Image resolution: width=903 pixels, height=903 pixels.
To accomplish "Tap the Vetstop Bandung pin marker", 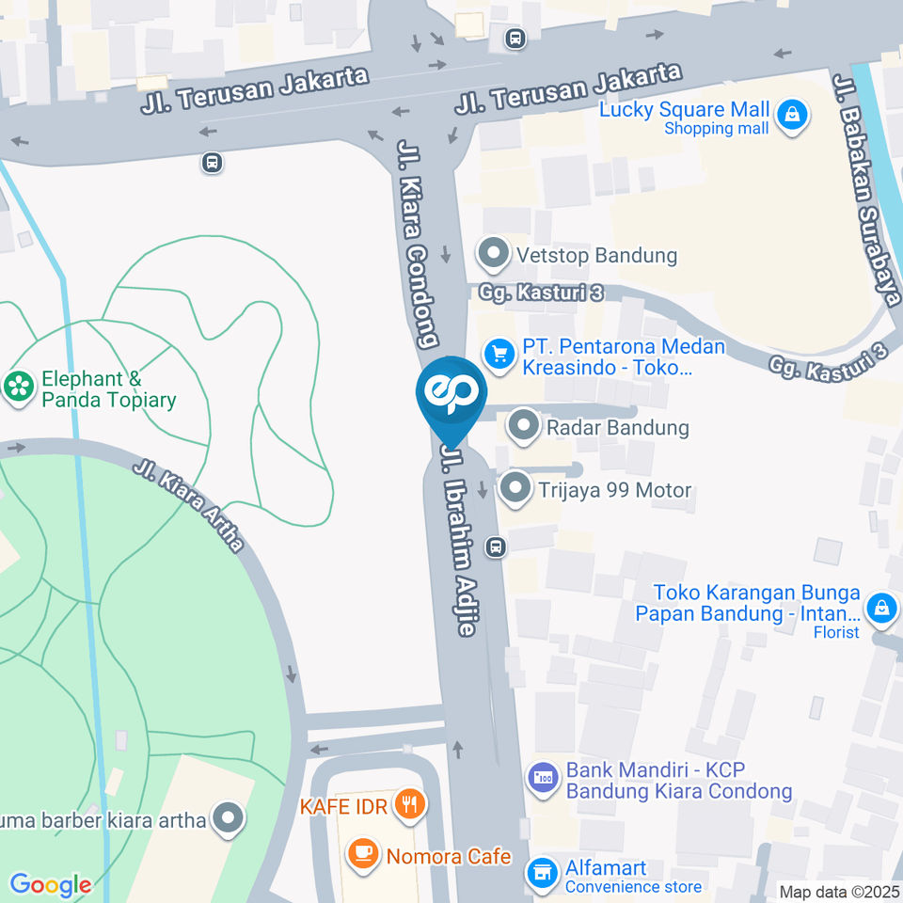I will click(x=492, y=254).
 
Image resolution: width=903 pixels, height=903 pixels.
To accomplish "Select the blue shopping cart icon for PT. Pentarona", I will click(x=499, y=354).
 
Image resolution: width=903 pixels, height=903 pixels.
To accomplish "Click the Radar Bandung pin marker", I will click(x=522, y=427).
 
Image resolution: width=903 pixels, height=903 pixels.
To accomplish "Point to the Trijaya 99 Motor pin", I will click(x=515, y=489).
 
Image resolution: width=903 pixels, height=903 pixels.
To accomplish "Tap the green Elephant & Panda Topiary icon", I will click(x=17, y=386).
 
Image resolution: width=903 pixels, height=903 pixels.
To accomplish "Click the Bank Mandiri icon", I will click(x=543, y=778).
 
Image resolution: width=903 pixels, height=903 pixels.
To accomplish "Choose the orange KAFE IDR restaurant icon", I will click(x=411, y=804).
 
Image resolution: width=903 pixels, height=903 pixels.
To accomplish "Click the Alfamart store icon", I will click(x=540, y=872).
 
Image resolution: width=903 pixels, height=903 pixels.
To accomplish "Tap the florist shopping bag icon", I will click(x=881, y=609).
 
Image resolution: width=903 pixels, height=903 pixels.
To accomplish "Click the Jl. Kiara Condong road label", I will click(x=420, y=244).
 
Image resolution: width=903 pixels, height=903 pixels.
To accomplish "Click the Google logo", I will click(x=51, y=885).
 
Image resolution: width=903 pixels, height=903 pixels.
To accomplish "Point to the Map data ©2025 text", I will click(x=840, y=892).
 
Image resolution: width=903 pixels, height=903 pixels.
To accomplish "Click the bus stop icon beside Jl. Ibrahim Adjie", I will click(x=496, y=547).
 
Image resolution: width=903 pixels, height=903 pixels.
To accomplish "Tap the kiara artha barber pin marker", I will click(x=228, y=819).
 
